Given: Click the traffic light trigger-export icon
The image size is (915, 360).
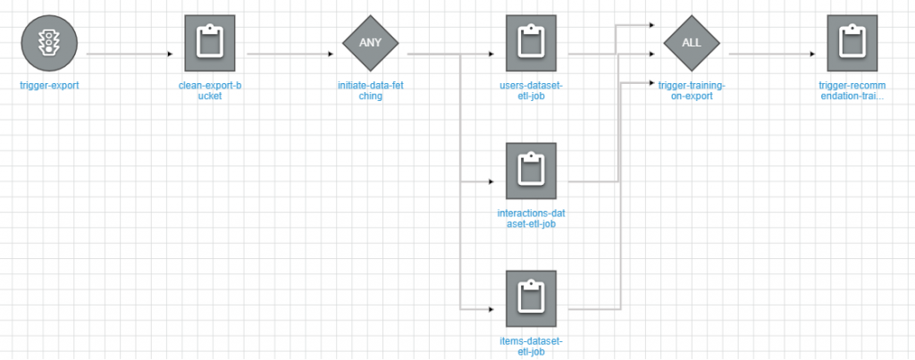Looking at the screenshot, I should coord(50,42).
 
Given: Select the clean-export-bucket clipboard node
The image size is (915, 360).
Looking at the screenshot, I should coord(209,42).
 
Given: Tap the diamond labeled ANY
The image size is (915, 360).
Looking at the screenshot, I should coord(370,42).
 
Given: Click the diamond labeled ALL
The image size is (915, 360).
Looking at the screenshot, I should coord(692,42).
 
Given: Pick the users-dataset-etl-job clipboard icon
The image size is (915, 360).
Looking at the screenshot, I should coord(530,42).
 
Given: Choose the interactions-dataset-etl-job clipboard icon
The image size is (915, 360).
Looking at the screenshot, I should coord(530,170).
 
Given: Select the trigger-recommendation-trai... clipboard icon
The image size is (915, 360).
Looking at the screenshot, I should coord(852,42).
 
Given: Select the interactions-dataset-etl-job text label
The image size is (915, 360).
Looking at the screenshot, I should coord(531,219).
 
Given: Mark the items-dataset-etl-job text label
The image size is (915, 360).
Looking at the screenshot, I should coord(531,347).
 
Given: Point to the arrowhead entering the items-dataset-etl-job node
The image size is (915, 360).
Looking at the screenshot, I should coord(491,309).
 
